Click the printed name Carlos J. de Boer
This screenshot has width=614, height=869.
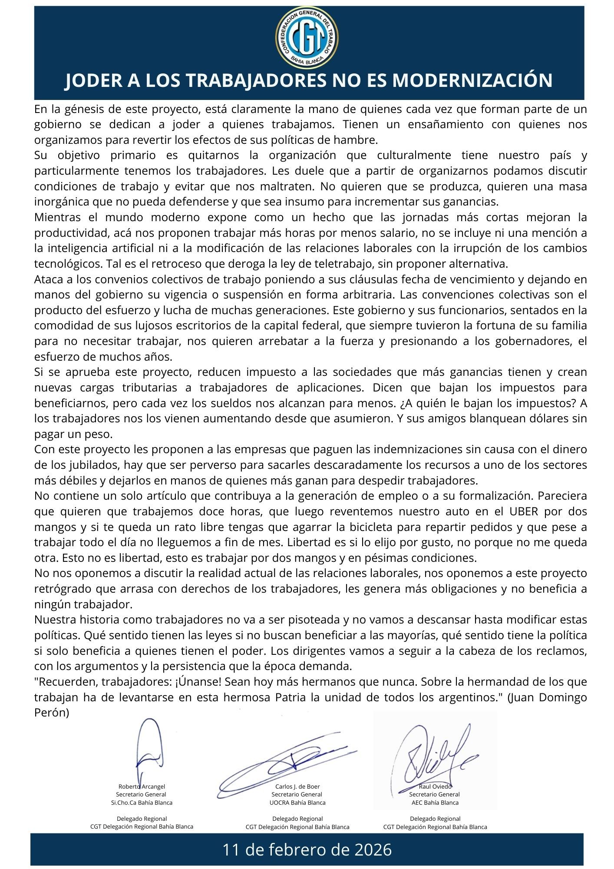point(297,786)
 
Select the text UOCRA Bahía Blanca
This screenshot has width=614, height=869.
point(297,803)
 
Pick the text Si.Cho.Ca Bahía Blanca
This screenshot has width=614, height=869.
point(142,803)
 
